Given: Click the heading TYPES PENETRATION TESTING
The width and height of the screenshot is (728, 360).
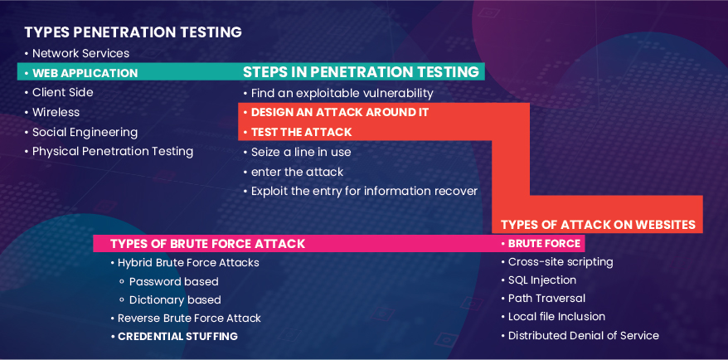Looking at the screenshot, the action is tap(133, 32).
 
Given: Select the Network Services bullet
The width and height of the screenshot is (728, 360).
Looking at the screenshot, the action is tap(77, 53).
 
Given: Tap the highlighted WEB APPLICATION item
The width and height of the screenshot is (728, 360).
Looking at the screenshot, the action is tap(81, 73).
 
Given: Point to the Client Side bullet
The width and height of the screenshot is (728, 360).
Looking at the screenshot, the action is tap(59, 92).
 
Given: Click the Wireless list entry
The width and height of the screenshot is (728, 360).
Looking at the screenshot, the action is tap(52, 113).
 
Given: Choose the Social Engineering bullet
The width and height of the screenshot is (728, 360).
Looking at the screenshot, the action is tap(81, 133).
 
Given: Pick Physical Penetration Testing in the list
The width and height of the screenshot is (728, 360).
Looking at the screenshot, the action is tap(109, 152).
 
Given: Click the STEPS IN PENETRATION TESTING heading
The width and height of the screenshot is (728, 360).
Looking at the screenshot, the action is tap(361, 72).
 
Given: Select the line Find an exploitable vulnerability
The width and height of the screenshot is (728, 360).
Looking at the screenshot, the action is tap(338, 94).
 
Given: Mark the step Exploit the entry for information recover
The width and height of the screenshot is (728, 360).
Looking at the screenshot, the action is tap(361, 191).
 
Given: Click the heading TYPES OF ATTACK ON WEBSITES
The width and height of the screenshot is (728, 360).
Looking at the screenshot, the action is tap(598, 225).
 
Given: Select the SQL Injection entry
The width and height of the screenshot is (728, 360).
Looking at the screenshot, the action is tap(539, 280).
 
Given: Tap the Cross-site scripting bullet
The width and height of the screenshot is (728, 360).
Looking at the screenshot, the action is tap(557, 262).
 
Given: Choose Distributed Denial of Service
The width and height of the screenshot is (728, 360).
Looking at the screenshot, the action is tap(580, 335).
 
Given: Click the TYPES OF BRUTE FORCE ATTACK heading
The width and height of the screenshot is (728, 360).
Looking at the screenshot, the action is tap(207, 244).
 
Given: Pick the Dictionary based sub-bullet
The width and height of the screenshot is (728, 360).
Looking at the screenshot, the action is tap(170, 300).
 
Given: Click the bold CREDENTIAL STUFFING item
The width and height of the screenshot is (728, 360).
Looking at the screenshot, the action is tap(174, 336).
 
